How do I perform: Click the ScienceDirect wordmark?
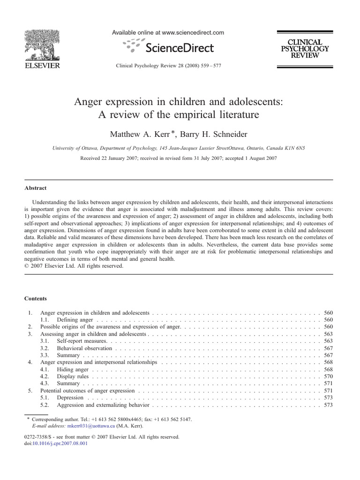click(x=180, y=48)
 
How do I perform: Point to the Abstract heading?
click(x=36, y=188)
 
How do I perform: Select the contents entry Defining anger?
click(x=75, y=319)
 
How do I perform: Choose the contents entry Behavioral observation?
click(x=84, y=348)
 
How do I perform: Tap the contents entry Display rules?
click(x=72, y=376)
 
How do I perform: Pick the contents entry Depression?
click(x=70, y=397)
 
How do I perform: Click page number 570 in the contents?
click(x=328, y=376)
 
